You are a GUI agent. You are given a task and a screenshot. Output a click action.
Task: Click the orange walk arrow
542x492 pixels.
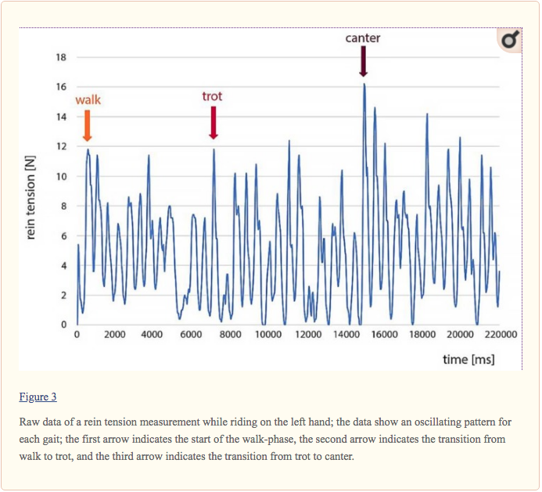pyautogui.click(x=87, y=125)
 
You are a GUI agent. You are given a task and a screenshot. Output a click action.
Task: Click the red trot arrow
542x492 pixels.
pyautogui.click(x=213, y=122)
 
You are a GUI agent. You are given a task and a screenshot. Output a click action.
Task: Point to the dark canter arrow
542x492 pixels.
pyautogui.click(x=364, y=61)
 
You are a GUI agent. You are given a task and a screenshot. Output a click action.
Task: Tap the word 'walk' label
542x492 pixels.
pyautogui.click(x=88, y=100)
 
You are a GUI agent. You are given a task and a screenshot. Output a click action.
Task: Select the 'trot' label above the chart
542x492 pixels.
pyautogui.click(x=212, y=96)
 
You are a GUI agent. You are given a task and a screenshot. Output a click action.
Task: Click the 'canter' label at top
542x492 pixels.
pyautogui.click(x=363, y=38)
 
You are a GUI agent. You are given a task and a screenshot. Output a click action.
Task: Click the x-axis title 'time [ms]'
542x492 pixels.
pyautogui.click(x=468, y=359)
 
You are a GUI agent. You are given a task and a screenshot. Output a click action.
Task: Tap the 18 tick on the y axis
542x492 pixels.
pyautogui.click(x=61, y=58)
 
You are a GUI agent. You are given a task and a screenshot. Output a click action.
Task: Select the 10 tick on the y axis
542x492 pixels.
pyautogui.click(x=61, y=177)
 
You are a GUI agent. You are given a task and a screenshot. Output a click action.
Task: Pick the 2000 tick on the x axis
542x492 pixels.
pyautogui.click(x=115, y=335)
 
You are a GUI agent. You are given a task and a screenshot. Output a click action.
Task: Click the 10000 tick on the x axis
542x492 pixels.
pyautogui.click(x=268, y=335)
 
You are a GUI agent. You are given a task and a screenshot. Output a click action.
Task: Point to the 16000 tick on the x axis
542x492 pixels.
pyautogui.click(x=384, y=335)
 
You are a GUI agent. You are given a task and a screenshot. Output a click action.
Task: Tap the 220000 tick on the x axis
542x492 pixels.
pyautogui.click(x=501, y=335)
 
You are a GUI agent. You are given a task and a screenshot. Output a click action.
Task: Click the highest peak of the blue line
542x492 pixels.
pyautogui.click(x=364, y=84)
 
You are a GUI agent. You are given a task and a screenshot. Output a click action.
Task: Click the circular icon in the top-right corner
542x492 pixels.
pyautogui.click(x=508, y=41)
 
